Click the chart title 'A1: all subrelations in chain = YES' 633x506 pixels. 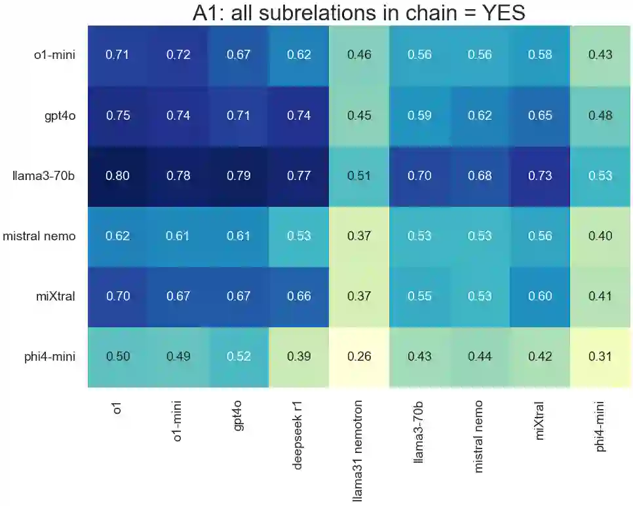(x=359, y=12)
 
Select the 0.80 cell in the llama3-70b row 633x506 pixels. (x=118, y=176)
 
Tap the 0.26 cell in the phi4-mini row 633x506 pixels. (x=359, y=357)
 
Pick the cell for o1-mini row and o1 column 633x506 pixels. (x=118, y=55)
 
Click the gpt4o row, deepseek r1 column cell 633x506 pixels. (x=299, y=116)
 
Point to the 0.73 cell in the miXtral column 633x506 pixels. (x=540, y=176)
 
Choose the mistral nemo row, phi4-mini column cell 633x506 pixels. (x=600, y=236)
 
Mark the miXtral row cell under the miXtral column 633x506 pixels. (x=540, y=297)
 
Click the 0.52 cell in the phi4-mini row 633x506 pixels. (x=239, y=357)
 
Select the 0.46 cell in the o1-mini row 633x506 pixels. (x=359, y=55)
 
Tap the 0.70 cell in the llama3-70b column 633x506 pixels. (x=419, y=176)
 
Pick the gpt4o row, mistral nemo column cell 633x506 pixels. (x=480, y=116)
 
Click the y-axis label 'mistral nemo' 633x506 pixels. (x=39, y=236)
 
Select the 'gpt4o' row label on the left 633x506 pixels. (x=57, y=116)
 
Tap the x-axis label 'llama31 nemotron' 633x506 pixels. (x=359, y=451)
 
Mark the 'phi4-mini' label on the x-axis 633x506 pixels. (x=600, y=425)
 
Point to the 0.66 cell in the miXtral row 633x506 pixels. (x=299, y=297)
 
